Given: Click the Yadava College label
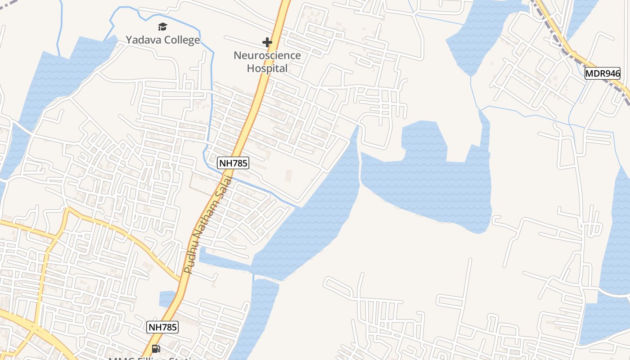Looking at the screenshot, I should (x=162, y=40).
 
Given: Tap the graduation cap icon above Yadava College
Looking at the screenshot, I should (x=162, y=27).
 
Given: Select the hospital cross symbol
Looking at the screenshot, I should (x=267, y=42).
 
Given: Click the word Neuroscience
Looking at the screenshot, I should (x=267, y=55).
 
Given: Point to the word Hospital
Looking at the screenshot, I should (x=267, y=68).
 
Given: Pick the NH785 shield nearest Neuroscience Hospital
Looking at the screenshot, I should (x=233, y=163).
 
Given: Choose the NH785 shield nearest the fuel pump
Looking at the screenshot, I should (x=162, y=327).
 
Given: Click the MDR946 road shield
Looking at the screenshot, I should (x=603, y=73).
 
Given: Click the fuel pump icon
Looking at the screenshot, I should (x=156, y=348).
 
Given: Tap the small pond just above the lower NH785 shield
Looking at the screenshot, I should (x=167, y=299).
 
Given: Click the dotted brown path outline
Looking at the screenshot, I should (x=198, y=187).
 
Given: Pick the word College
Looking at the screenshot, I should (x=182, y=40).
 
